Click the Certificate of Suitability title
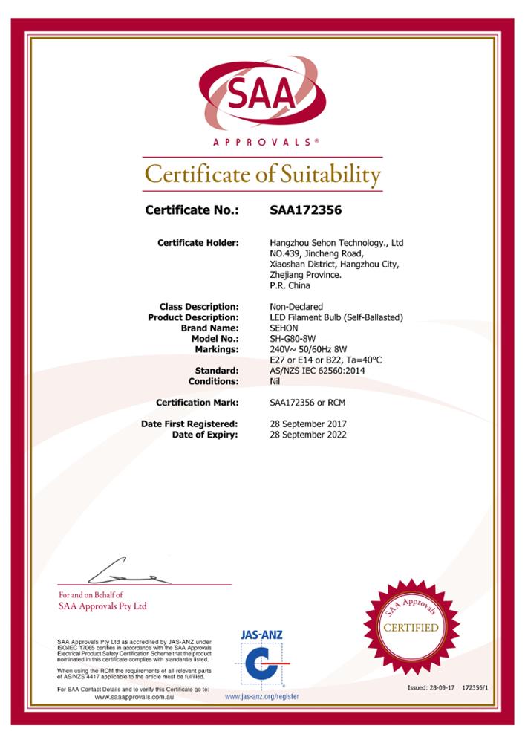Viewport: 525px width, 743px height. [262, 175]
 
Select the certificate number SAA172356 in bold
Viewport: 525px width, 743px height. [305, 210]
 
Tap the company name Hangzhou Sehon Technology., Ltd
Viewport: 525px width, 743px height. [336, 243]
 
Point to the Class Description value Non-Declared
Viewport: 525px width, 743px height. [296, 307]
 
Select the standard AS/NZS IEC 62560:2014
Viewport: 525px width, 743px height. [317, 370]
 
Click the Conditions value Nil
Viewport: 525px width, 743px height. [275, 381]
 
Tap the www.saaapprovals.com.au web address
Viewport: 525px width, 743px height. [133, 697]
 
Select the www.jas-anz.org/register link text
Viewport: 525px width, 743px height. [261, 697]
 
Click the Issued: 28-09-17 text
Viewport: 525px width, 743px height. [431, 688]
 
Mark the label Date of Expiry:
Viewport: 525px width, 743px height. [205, 435]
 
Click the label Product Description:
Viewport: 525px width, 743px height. [193, 317]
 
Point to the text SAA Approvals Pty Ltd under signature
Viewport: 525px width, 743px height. [102, 606]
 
